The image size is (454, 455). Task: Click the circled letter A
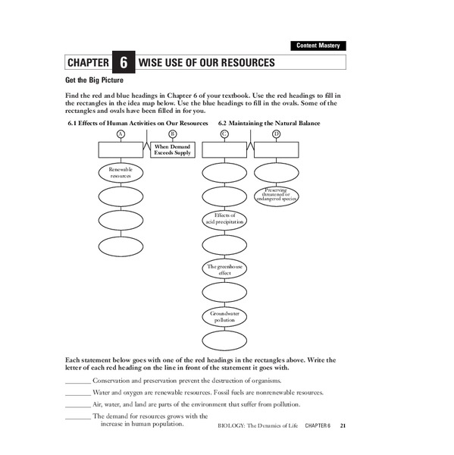coord(120,133)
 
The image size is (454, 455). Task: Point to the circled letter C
coord(224,133)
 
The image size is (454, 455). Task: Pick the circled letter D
coord(276,133)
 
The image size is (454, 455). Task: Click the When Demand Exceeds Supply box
coord(172,149)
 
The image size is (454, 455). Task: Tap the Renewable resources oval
coord(121,173)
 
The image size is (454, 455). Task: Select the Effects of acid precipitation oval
coord(224,220)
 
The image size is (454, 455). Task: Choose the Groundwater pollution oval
coord(224,316)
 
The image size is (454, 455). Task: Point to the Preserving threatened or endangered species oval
coord(277,196)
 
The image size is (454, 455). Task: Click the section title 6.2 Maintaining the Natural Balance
coord(269,122)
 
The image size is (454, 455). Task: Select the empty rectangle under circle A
coord(121,149)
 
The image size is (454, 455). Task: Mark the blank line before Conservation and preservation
coord(77,381)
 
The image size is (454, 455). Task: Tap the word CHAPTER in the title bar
coord(87,63)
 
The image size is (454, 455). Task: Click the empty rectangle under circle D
coord(277,149)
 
